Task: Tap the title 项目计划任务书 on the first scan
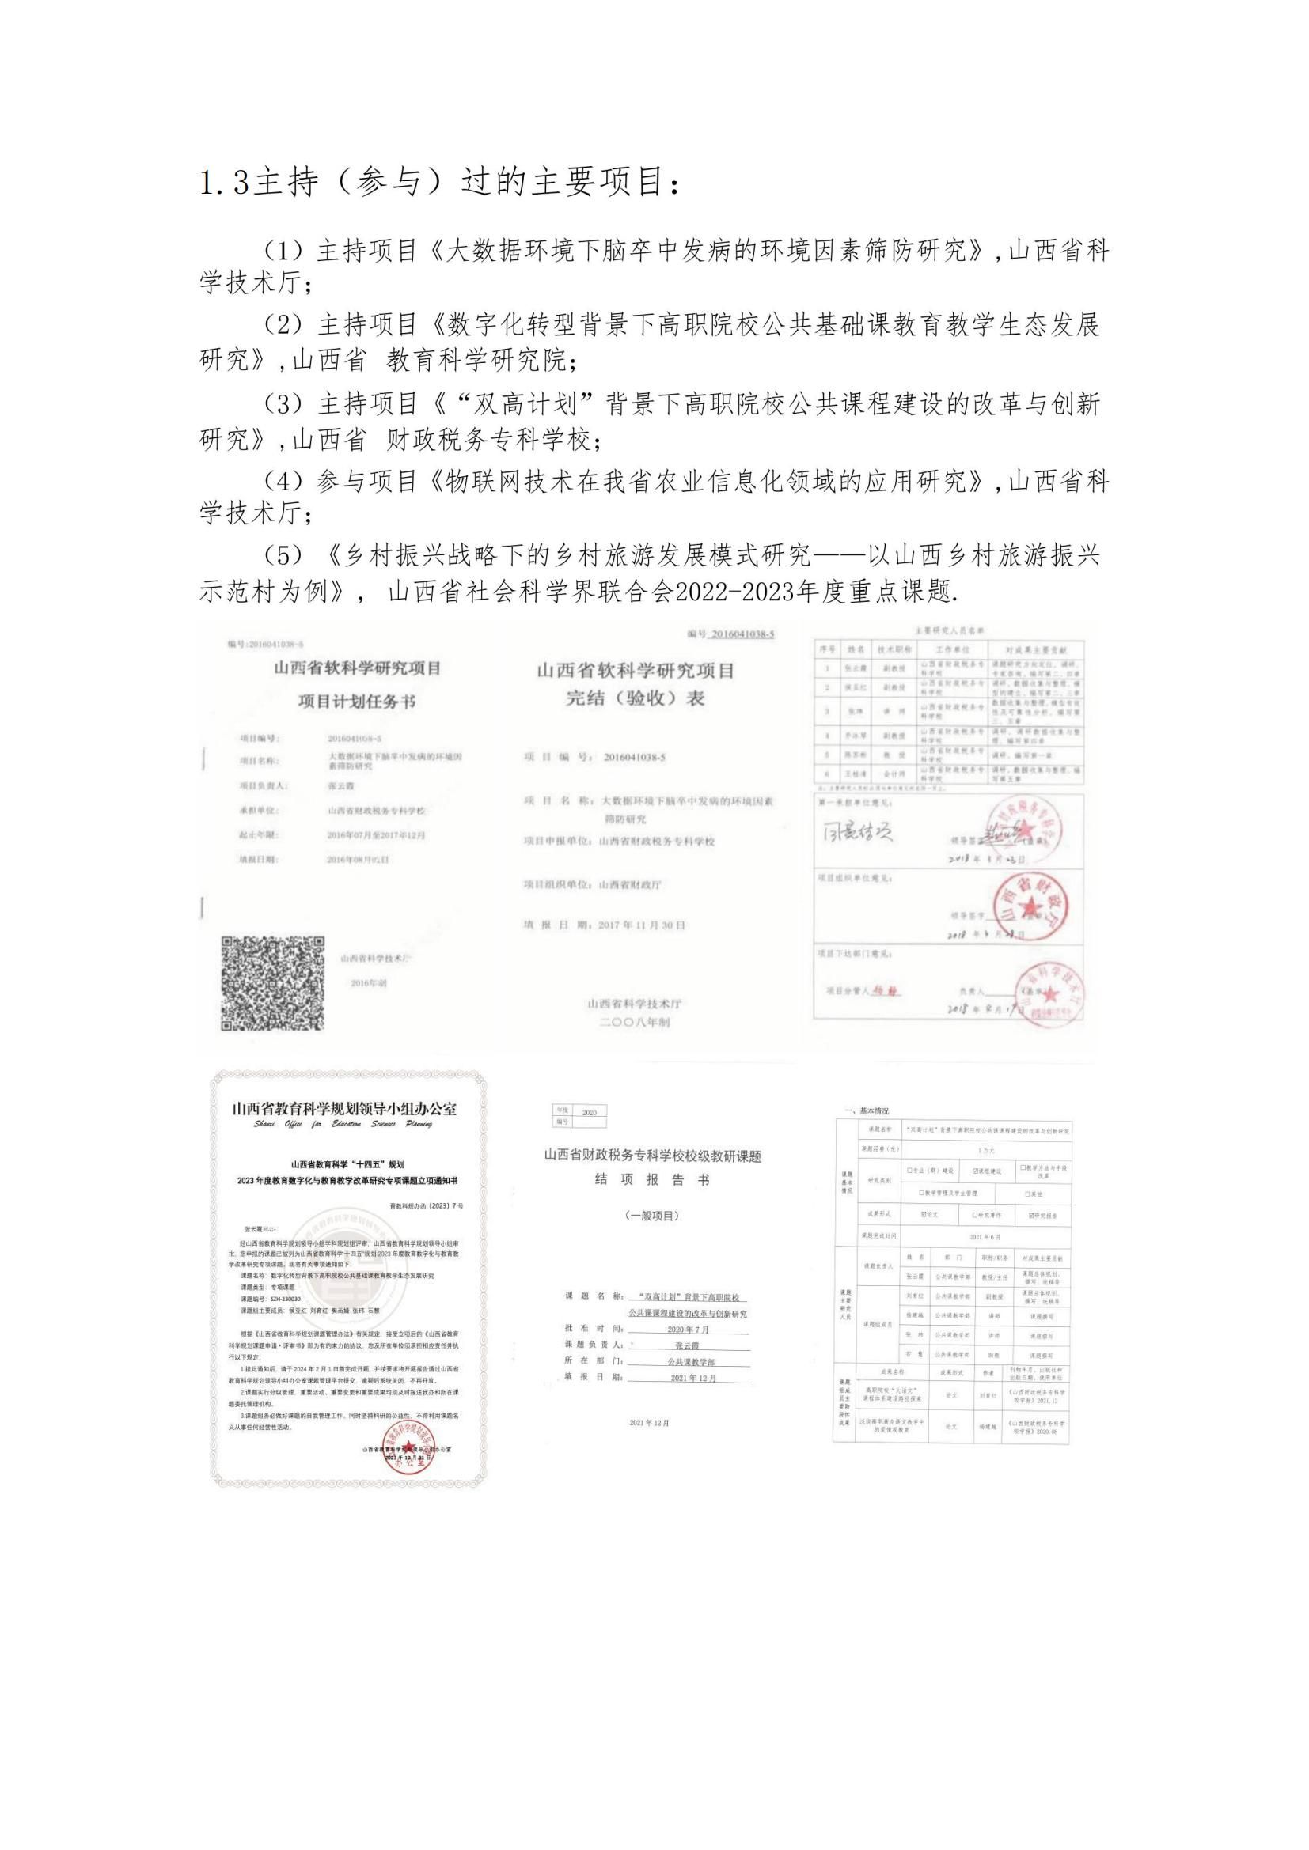click(x=356, y=702)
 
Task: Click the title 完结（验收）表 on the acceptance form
click(x=636, y=698)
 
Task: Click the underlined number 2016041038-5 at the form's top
click(x=741, y=634)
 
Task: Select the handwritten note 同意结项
click(x=857, y=832)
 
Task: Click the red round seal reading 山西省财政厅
click(x=1029, y=908)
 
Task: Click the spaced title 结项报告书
click(x=652, y=1179)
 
